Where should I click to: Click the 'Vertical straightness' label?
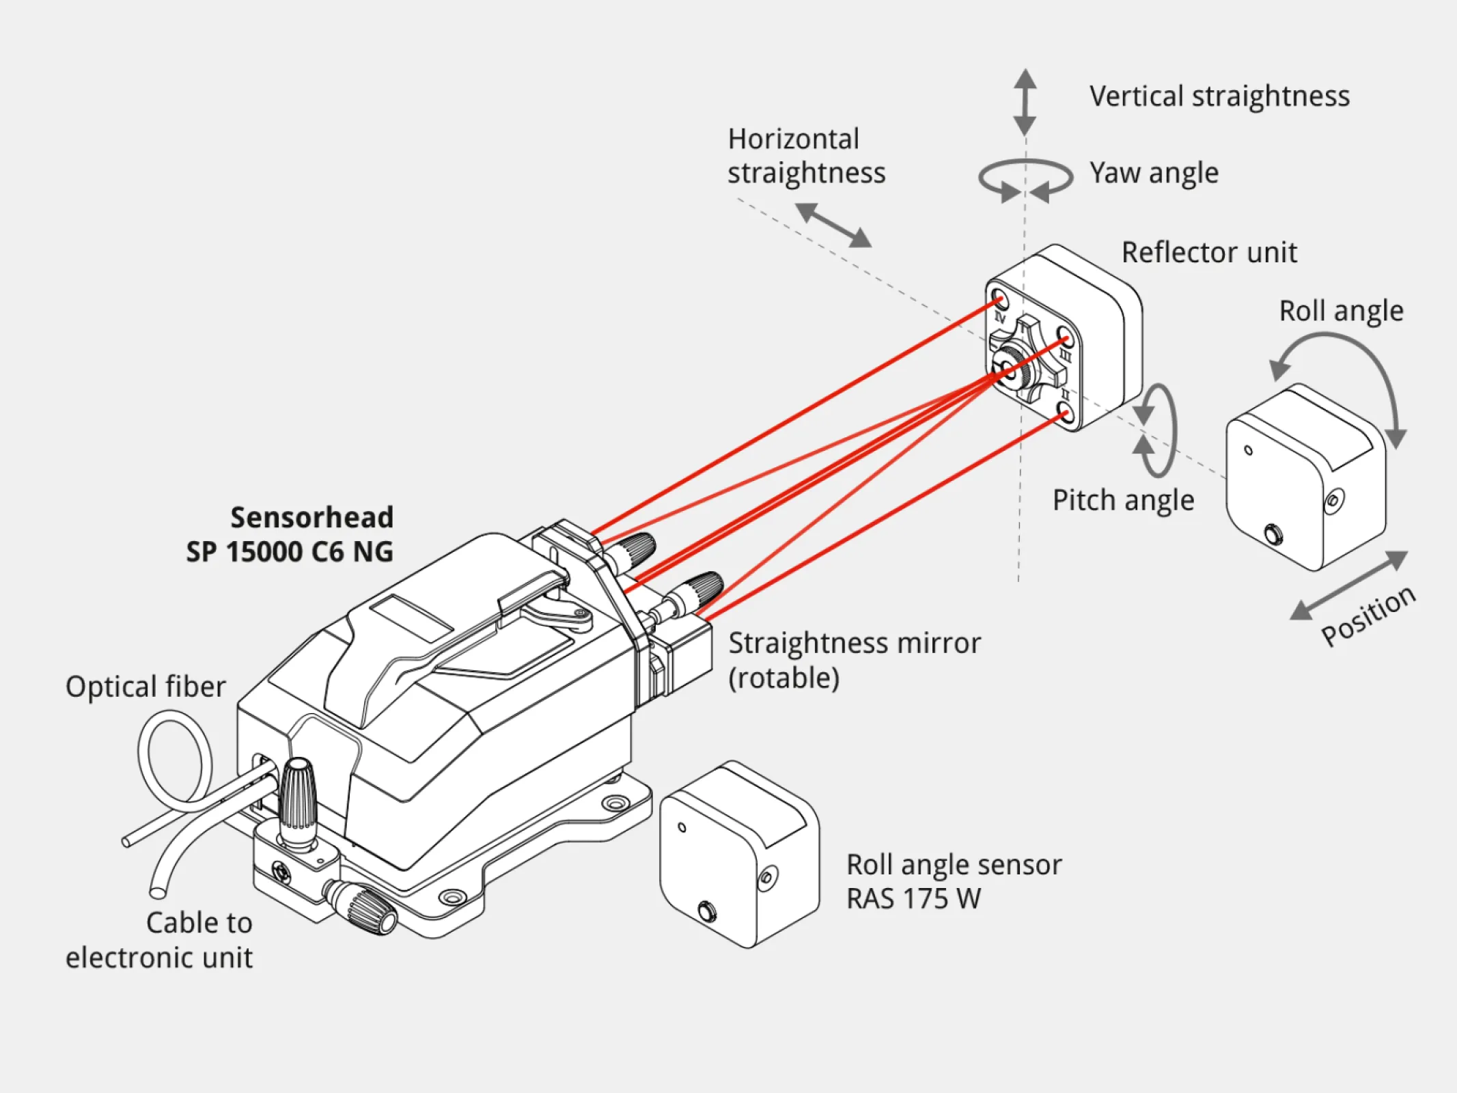pyautogui.click(x=1219, y=96)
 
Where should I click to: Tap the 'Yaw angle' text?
pyautogui.click(x=1154, y=174)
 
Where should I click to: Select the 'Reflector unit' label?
pyautogui.click(x=1208, y=253)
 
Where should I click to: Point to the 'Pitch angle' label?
pyautogui.click(x=1123, y=501)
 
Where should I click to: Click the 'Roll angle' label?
pyautogui.click(x=1341, y=312)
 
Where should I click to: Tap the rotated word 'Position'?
pyautogui.click(x=1368, y=615)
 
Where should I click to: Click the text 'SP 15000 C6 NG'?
pyautogui.click(x=290, y=552)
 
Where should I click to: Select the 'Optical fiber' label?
pyautogui.click(x=145, y=687)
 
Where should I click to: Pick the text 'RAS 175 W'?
pyautogui.click(x=913, y=899)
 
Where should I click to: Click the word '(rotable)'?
pyautogui.click(x=783, y=678)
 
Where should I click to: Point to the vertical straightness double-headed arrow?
pyautogui.click(x=1025, y=102)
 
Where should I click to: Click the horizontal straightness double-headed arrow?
pyautogui.click(x=834, y=225)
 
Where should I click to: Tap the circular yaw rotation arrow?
pyautogui.click(x=1025, y=180)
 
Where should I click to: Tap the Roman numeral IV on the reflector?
pyautogui.click(x=1000, y=318)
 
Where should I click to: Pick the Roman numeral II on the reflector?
pyautogui.click(x=1065, y=396)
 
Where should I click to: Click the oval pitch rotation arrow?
pyautogui.click(x=1158, y=430)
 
